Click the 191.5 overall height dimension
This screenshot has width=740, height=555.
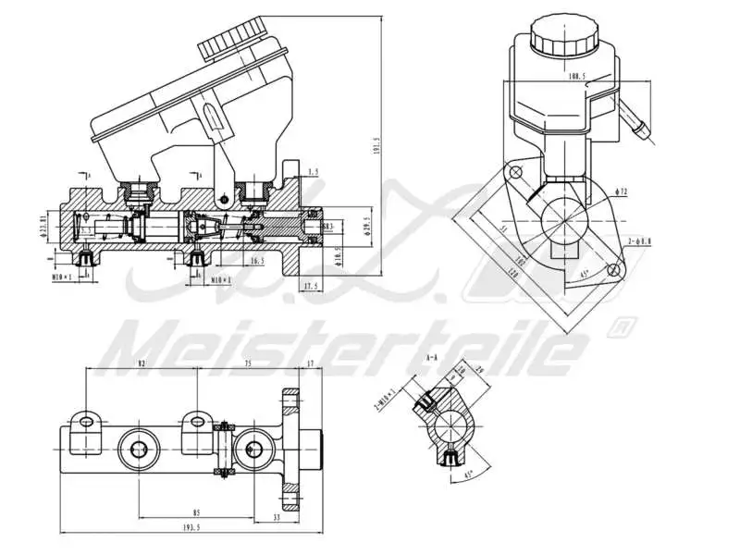pos(376,147)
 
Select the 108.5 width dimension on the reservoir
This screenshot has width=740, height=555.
pos(577,76)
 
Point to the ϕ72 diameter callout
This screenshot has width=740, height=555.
pos(622,191)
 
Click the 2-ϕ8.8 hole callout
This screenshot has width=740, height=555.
pos(637,240)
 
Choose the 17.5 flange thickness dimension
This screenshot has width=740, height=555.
pos(313,288)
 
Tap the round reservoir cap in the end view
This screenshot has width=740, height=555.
pos(561,35)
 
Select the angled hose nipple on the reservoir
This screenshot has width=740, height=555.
pos(636,123)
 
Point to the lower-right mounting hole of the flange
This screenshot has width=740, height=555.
pos(611,269)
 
